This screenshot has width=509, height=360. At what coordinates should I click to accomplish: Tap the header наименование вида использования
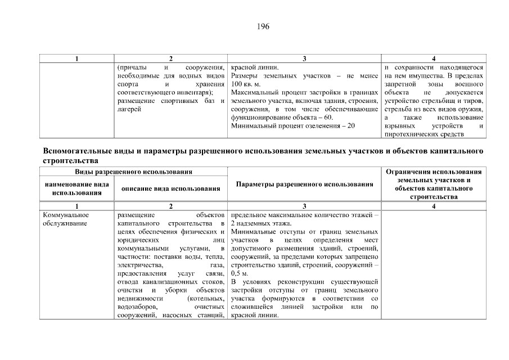(x=77, y=188)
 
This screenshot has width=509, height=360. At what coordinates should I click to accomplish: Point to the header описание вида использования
(x=170, y=188)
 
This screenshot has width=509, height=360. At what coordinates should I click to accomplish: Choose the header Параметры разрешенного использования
(x=304, y=184)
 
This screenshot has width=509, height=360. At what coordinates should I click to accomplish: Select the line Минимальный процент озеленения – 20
(x=292, y=126)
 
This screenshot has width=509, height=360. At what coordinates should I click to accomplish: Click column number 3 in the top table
(x=304, y=59)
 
